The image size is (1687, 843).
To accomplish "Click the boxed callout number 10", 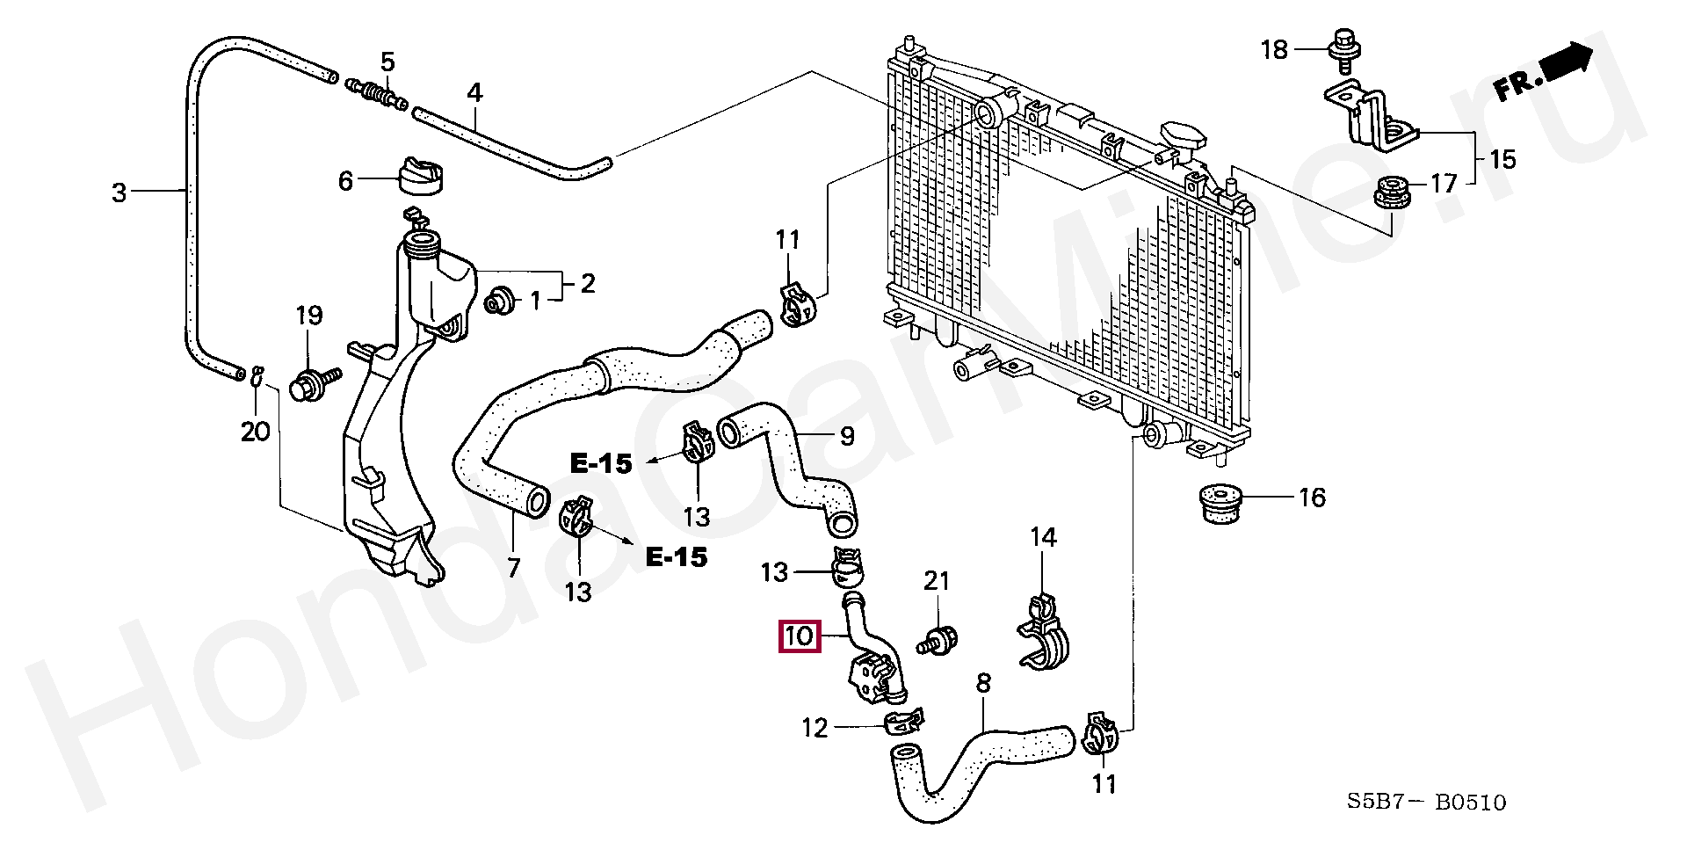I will point(800,636).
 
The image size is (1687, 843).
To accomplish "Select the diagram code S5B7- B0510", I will point(1427,802).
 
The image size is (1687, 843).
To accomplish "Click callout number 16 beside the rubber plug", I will point(1312,498).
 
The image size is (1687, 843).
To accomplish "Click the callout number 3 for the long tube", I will point(119,192).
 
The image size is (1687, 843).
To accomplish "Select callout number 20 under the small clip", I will point(255,432).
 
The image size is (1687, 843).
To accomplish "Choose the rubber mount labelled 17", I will point(1392,193).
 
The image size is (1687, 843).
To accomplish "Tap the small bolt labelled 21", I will point(938,640).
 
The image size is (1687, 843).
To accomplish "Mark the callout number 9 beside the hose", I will point(847,436).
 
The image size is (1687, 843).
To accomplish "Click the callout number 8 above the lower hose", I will point(983,682).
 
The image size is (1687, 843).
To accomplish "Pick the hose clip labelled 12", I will point(902,723).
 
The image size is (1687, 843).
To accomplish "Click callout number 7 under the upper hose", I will point(514,567).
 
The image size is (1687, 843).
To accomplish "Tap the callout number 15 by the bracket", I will point(1502,159).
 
